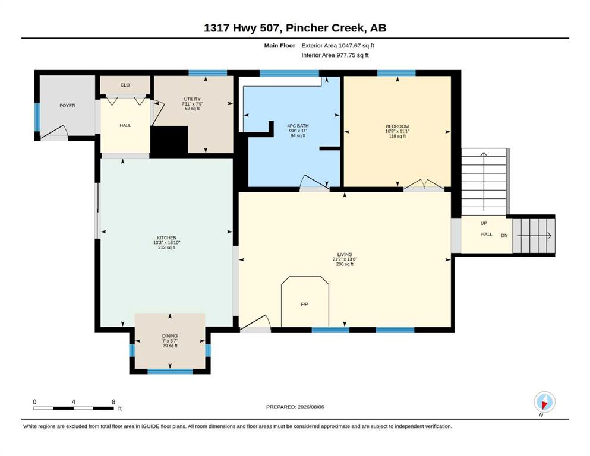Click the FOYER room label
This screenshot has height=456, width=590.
(67, 106)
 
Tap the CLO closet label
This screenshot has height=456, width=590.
(125, 85)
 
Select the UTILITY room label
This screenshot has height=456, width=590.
(193, 99)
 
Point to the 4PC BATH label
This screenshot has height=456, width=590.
(298, 126)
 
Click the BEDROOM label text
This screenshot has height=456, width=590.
(397, 126)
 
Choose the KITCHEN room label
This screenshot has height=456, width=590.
(167, 238)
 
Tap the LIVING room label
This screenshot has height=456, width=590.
(345, 255)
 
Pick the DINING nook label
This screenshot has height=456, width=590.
(170, 336)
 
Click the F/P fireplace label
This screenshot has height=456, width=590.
(304, 305)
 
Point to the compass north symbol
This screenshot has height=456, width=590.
(544, 402)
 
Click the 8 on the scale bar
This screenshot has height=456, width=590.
(113, 402)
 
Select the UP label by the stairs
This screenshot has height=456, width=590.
(484, 223)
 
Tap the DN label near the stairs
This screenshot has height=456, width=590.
(504, 235)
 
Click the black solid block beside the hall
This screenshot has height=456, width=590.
(169, 140)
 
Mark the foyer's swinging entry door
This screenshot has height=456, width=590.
(55, 132)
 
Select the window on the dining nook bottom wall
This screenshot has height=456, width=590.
(170, 372)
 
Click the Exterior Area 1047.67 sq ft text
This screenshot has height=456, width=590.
(337, 46)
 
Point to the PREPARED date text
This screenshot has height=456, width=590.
(295, 407)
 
